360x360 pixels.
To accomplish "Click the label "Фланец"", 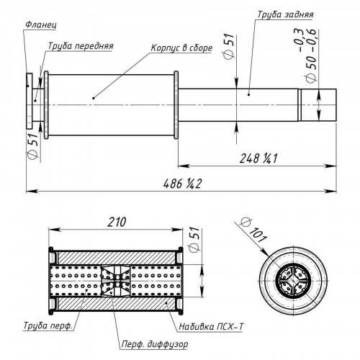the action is coord(41,24).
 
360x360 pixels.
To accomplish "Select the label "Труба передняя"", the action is coord(81,45).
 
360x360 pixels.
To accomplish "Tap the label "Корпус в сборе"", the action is coord(181,48).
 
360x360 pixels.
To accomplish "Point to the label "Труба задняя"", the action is coord(285,14).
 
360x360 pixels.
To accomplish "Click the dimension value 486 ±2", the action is coord(182,184).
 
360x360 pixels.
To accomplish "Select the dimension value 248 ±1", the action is coord(258,158).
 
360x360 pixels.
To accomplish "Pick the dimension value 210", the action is coord(117,222).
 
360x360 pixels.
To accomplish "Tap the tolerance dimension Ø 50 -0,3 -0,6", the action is coord(307,55).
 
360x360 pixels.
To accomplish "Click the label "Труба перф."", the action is coord(48,325).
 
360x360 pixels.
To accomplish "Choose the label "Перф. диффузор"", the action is coord(155,344).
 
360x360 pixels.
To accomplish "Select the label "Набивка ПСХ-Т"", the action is coord(212,326).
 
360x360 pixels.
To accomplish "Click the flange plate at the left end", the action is coord(29,101).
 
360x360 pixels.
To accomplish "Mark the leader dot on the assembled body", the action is coord(94,98).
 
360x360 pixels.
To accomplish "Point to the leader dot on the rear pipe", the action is coord(249,94).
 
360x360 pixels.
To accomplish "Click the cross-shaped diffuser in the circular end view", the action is coord(293,281).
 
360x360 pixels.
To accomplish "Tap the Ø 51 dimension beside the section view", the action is coord(194,239).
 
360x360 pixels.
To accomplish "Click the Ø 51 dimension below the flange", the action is coord(33,145).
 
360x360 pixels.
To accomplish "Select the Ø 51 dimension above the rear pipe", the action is coord(228,46).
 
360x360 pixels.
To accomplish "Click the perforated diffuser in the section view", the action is coord(115,281).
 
